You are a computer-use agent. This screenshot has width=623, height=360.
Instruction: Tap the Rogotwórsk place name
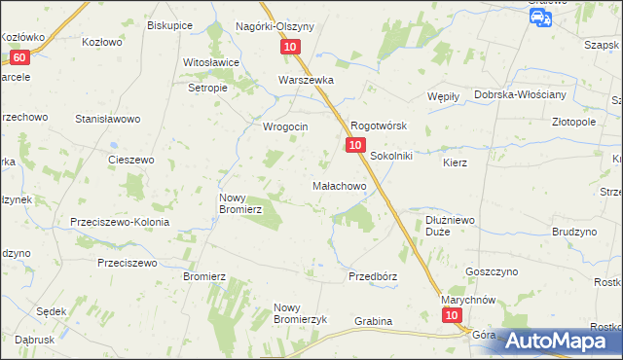pyautogui.click(x=378, y=126)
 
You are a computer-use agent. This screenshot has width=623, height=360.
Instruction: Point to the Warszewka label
pyautogui.click(x=307, y=81)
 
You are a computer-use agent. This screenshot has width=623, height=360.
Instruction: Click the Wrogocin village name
pyautogui.click(x=286, y=126)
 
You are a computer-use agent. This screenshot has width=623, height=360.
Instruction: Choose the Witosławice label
pyautogui.click(x=212, y=62)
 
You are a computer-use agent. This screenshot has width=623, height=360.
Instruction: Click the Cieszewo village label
pyautogui.click(x=131, y=160)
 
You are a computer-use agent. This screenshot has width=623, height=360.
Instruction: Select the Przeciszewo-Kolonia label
pyautogui.click(x=120, y=222)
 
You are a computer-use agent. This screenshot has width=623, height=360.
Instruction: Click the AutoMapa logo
pyautogui.click(x=551, y=340)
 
